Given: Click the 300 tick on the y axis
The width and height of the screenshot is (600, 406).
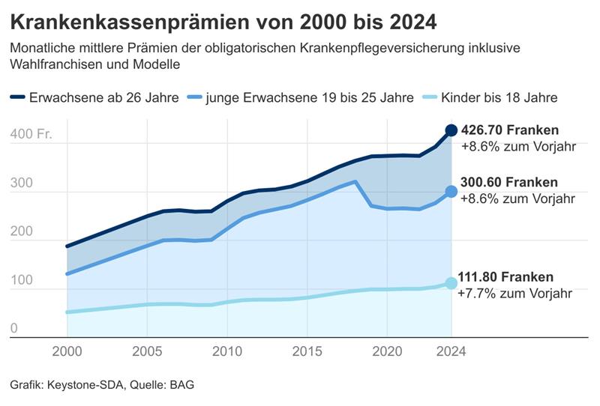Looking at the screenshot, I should [x=21, y=184].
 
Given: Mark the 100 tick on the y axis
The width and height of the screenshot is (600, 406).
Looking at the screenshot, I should [x=21, y=280].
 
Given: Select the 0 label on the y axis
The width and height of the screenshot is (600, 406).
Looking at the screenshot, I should [x=14, y=329].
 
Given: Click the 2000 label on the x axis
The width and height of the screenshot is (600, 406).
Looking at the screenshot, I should [x=67, y=351].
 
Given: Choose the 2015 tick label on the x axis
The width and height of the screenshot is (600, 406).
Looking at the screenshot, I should [x=307, y=351].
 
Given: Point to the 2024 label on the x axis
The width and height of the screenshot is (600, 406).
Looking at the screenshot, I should [x=451, y=351].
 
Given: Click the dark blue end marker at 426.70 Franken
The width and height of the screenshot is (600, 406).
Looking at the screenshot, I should [x=451, y=131].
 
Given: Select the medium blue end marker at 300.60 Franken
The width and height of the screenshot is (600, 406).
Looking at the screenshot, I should [x=451, y=192].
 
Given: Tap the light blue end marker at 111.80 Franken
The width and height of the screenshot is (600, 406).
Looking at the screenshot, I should [x=451, y=283].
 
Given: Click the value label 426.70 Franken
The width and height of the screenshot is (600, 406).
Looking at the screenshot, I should [x=511, y=130].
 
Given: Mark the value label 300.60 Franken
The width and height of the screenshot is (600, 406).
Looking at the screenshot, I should [x=511, y=183].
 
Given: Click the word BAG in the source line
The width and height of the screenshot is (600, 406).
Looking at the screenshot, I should [x=183, y=385].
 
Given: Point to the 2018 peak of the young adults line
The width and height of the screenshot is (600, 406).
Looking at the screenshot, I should [x=355, y=181].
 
